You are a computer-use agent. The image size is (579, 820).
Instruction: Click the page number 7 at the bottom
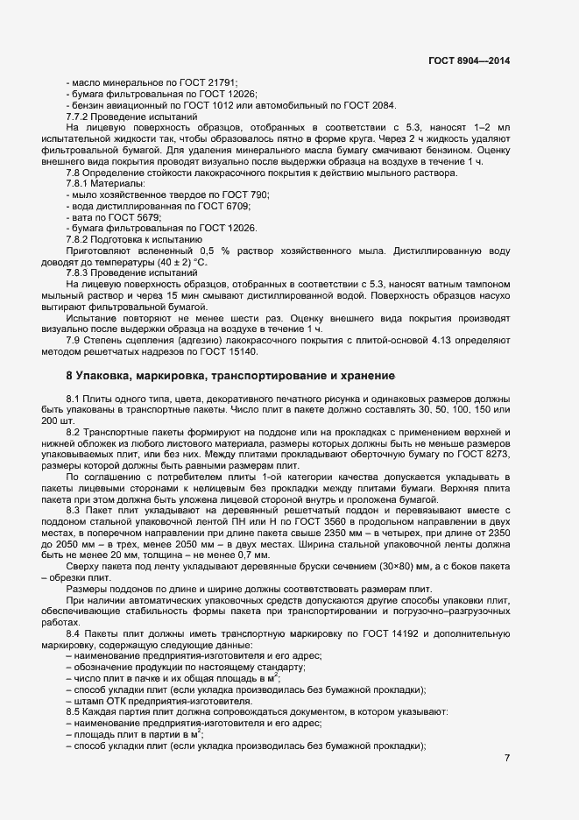point(507,759)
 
